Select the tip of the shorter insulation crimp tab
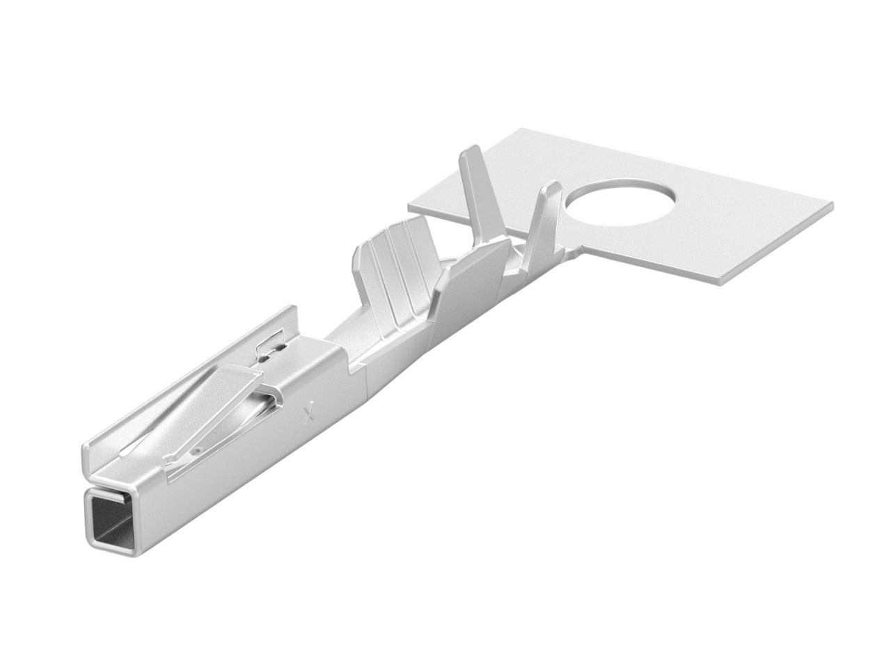(x=551, y=185)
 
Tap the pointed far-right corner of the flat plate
(x=831, y=204)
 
